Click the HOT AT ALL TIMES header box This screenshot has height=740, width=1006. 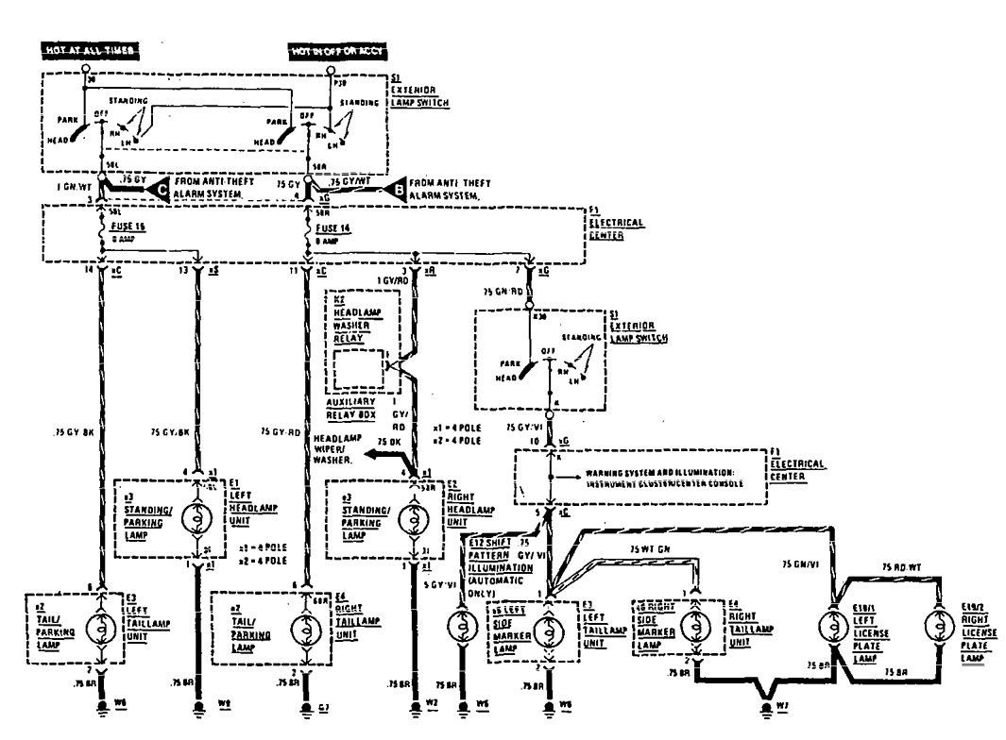click(91, 50)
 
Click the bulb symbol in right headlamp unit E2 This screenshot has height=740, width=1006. click(414, 518)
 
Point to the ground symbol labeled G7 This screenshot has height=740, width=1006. click(306, 707)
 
